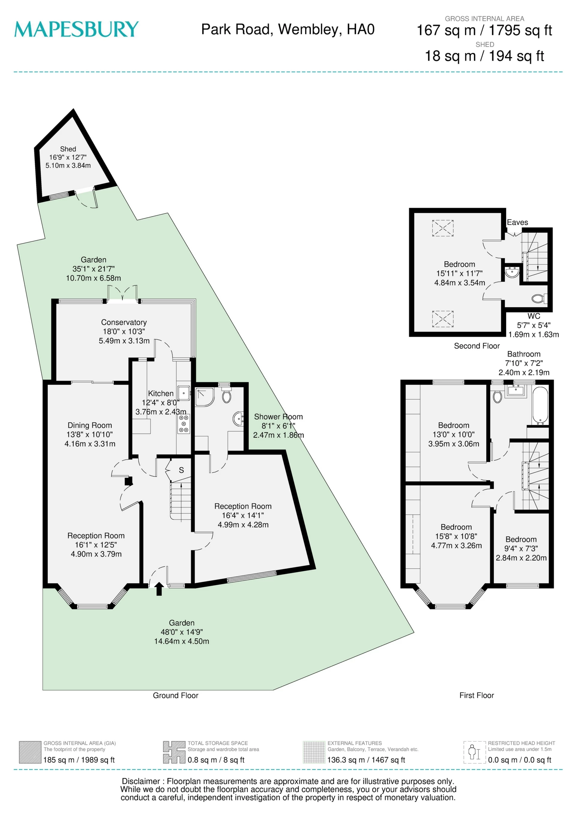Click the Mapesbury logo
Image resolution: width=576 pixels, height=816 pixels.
tap(76, 29)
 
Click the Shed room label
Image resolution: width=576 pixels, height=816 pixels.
tap(68, 149)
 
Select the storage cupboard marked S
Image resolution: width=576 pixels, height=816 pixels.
tap(181, 470)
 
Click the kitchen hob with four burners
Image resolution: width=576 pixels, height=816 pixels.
tap(184, 424)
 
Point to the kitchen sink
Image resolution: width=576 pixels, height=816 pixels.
tap(184, 393)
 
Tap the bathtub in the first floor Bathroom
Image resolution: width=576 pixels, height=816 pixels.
tap(540, 406)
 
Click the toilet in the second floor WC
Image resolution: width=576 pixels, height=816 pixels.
tap(538, 298)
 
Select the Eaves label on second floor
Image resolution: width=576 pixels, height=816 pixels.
tap(517, 223)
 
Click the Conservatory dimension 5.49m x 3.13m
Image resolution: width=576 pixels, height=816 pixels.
tap(124, 341)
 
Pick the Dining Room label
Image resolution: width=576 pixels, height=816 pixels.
tap(89, 425)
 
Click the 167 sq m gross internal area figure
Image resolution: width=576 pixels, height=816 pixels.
tap(446, 31)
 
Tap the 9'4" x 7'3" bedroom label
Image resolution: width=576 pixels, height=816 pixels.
tap(521, 549)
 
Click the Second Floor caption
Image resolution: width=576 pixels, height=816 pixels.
tap(477, 346)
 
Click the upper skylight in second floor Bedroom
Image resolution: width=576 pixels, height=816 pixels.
tap(442, 228)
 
